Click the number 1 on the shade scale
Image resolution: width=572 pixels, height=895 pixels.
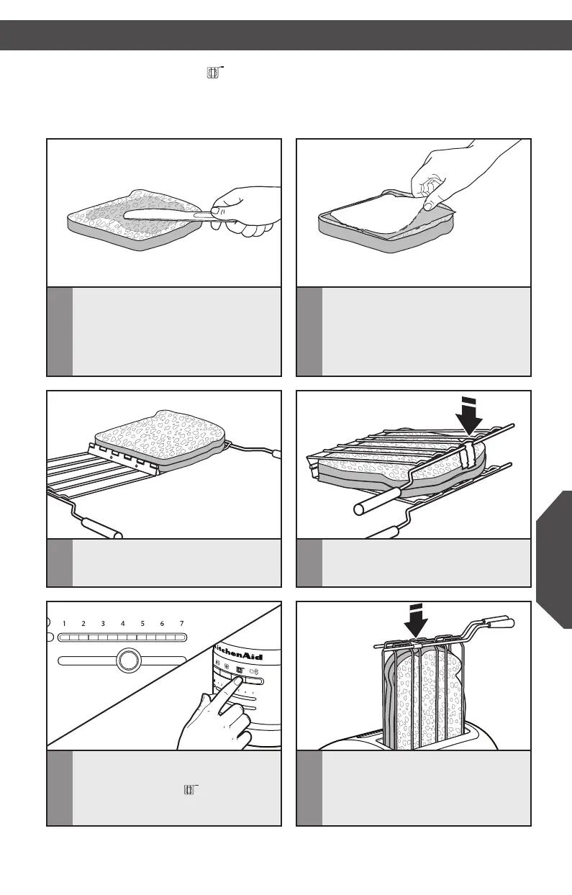(64, 623)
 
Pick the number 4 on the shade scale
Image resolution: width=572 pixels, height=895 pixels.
(123, 623)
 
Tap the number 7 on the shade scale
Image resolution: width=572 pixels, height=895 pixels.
(182, 623)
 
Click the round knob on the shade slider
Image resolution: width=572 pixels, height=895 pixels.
(128, 660)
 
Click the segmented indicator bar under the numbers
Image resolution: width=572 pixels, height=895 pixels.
(122, 637)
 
